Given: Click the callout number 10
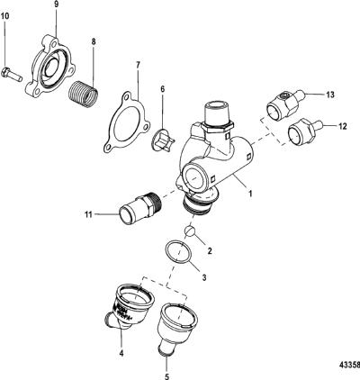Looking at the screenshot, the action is tap(5, 16).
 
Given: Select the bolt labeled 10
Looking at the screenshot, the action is tap(12, 74).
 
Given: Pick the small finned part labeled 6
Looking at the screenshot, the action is tap(164, 140).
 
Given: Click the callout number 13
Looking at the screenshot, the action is tap(330, 95).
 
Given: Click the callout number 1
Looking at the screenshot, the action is tap(250, 193).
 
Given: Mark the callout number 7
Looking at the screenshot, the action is tap(138, 65).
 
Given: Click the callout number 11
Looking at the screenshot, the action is tap(89, 214).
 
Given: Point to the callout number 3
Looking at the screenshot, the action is tap(204, 277).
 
